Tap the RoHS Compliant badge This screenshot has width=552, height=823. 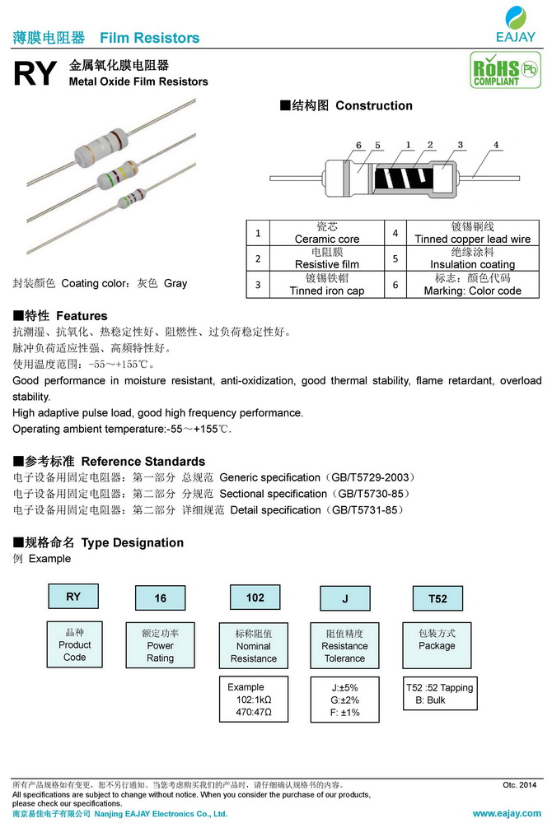tap(500, 71)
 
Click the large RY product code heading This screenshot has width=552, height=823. tap(35, 75)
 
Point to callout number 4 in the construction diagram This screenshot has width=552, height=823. tap(496, 146)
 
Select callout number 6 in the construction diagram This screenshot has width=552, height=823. tap(359, 146)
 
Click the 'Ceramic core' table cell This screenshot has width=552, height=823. tap(327, 233)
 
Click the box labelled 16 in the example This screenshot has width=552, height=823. tap(161, 598)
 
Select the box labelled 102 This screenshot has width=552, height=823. tap(255, 597)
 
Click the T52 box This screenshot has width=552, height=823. tap(437, 598)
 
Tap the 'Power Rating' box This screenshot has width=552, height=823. tap(161, 645)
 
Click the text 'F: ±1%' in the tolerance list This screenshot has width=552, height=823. tap(345, 712)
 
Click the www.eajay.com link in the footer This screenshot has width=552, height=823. tap(504, 813)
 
